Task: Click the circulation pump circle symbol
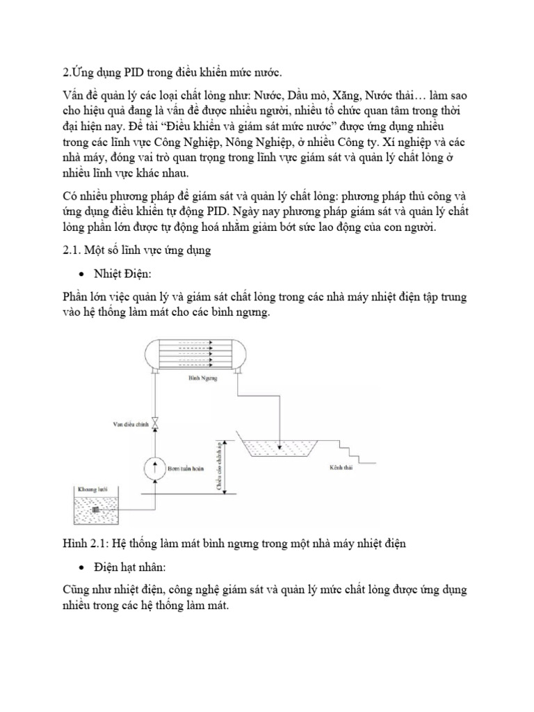156,465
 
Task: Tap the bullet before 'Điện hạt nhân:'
84,568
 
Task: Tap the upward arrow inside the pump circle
156,465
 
